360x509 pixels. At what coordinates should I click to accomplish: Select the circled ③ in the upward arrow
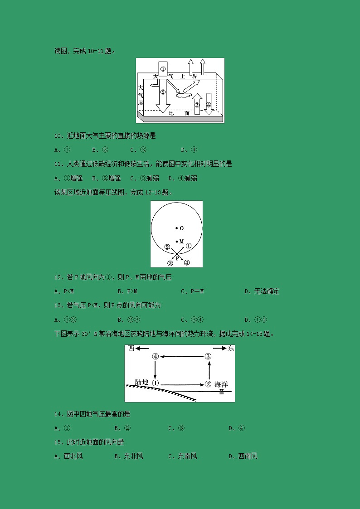(197, 105)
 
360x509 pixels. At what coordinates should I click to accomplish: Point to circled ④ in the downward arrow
(209, 105)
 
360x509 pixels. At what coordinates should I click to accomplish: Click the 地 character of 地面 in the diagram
(171, 113)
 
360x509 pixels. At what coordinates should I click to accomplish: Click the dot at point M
(177, 242)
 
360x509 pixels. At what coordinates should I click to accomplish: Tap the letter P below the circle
(178, 258)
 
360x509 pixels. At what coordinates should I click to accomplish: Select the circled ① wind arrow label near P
(189, 246)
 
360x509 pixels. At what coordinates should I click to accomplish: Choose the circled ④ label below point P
(186, 262)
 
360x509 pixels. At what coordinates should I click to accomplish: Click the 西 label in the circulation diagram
(131, 348)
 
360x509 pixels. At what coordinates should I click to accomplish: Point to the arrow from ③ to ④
(181, 357)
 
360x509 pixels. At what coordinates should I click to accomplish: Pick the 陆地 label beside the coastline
(142, 383)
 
